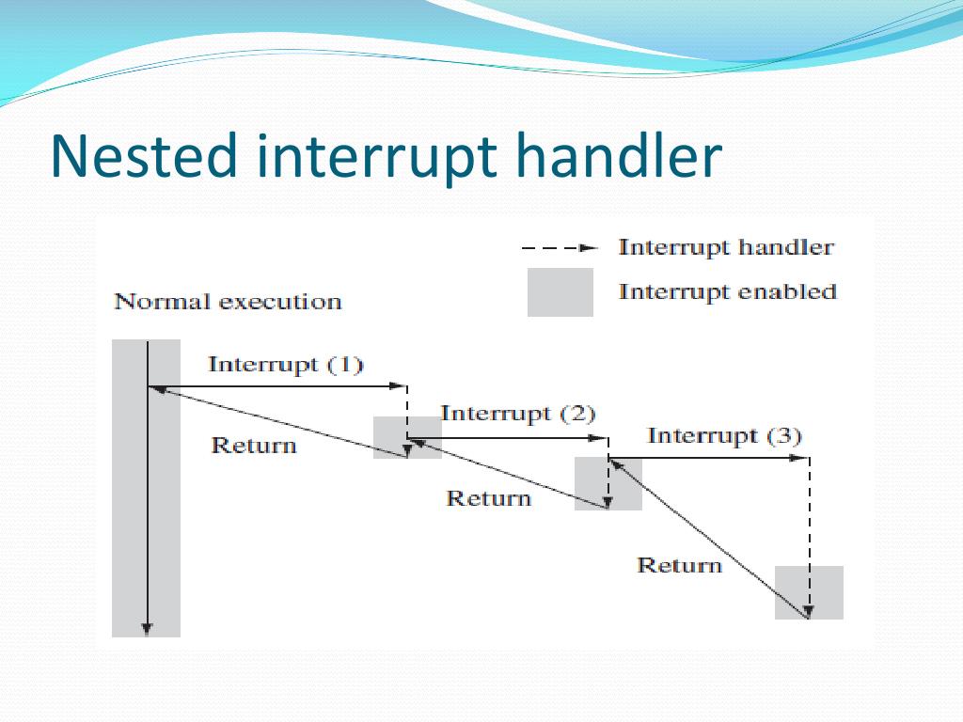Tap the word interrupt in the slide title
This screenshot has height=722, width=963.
376,158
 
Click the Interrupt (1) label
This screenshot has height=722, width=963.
285,365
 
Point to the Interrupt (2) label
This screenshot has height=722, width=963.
517,414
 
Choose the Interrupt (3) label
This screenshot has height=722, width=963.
724,436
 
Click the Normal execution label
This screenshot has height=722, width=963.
228,302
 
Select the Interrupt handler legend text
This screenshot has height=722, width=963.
725,248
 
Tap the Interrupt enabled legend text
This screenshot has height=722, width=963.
727,292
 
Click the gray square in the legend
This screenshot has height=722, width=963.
560,292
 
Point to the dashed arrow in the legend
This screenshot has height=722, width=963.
560,249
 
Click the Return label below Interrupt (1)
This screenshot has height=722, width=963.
254,446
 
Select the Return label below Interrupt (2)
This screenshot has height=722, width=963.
488,498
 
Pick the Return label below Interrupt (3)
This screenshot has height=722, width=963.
679,565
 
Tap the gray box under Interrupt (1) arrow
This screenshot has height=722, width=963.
407,437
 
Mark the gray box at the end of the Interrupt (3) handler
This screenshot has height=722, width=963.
809,592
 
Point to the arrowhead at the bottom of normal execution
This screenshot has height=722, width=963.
147,629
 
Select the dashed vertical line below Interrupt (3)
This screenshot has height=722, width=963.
810,526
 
